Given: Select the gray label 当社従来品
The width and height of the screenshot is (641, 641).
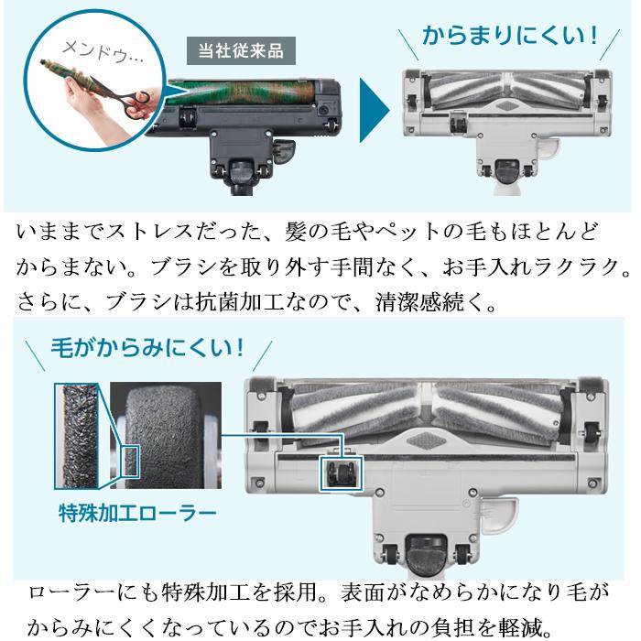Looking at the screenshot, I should (x=241, y=50).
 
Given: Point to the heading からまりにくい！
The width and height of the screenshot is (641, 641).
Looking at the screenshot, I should (x=509, y=37).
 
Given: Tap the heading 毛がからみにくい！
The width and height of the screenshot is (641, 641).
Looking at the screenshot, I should (x=152, y=348).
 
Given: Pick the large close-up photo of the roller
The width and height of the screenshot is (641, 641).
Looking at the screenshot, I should (x=165, y=430).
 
